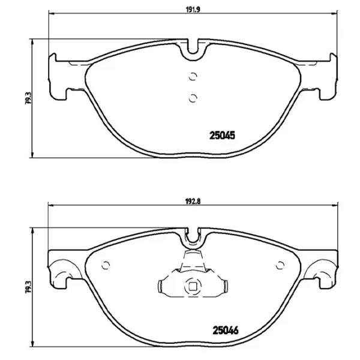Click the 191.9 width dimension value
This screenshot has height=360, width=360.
[x=192, y=10]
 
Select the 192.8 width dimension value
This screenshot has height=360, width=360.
[x=192, y=202]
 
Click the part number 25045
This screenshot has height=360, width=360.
[x=220, y=135]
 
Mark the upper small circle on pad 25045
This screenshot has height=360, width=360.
[x=192, y=76]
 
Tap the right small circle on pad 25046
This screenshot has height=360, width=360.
[x=280, y=266]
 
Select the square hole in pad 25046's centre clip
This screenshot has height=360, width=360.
[x=193, y=286]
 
